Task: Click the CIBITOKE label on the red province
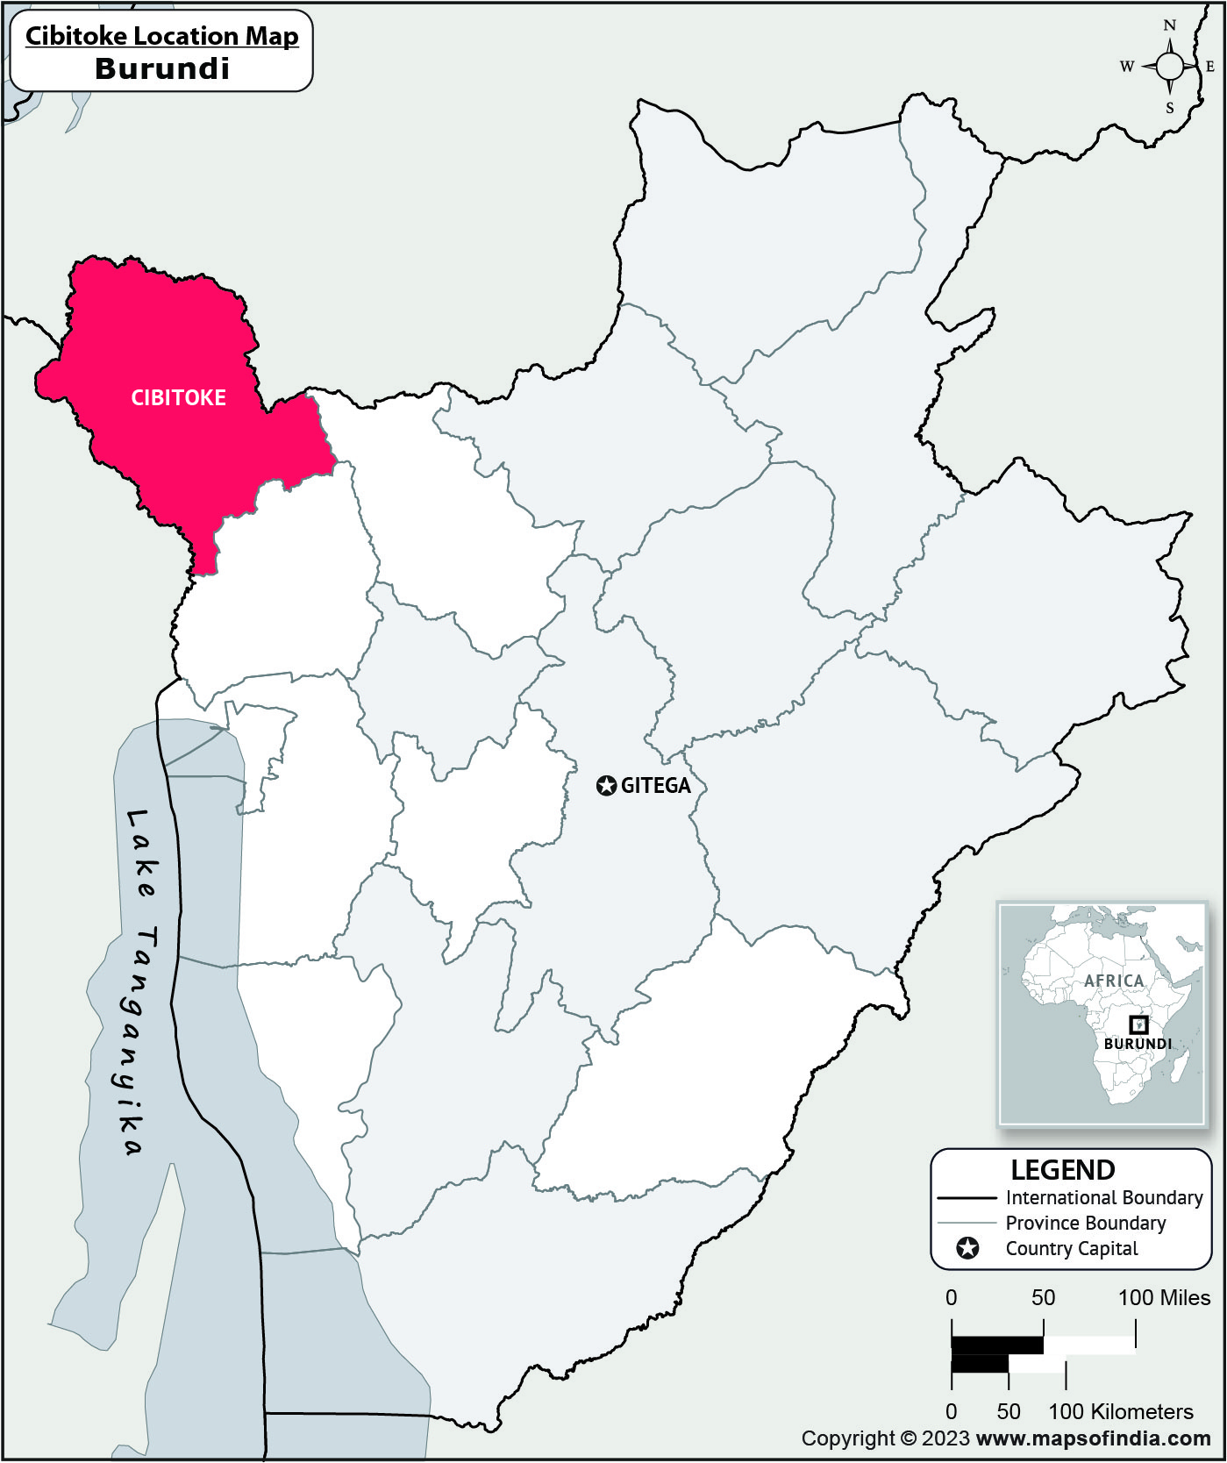[178, 398]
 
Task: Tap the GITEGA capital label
[655, 786]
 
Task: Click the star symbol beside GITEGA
[606, 786]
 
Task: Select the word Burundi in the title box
[162, 68]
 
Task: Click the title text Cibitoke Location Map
[161, 36]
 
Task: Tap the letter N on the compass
[1169, 25]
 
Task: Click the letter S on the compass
[1169, 109]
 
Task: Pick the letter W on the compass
[1127, 67]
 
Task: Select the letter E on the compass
[1210, 67]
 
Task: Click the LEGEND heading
[1062, 1170]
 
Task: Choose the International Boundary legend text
[1103, 1197]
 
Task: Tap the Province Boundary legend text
[1085, 1223]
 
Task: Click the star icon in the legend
[967, 1248]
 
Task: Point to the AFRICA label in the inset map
[1114, 981]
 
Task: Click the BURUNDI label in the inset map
[1138, 1044]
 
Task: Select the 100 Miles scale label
[1164, 1297]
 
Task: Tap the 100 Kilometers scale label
[1121, 1411]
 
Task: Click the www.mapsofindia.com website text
[1093, 1438]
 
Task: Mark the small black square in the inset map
[1138, 1024]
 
